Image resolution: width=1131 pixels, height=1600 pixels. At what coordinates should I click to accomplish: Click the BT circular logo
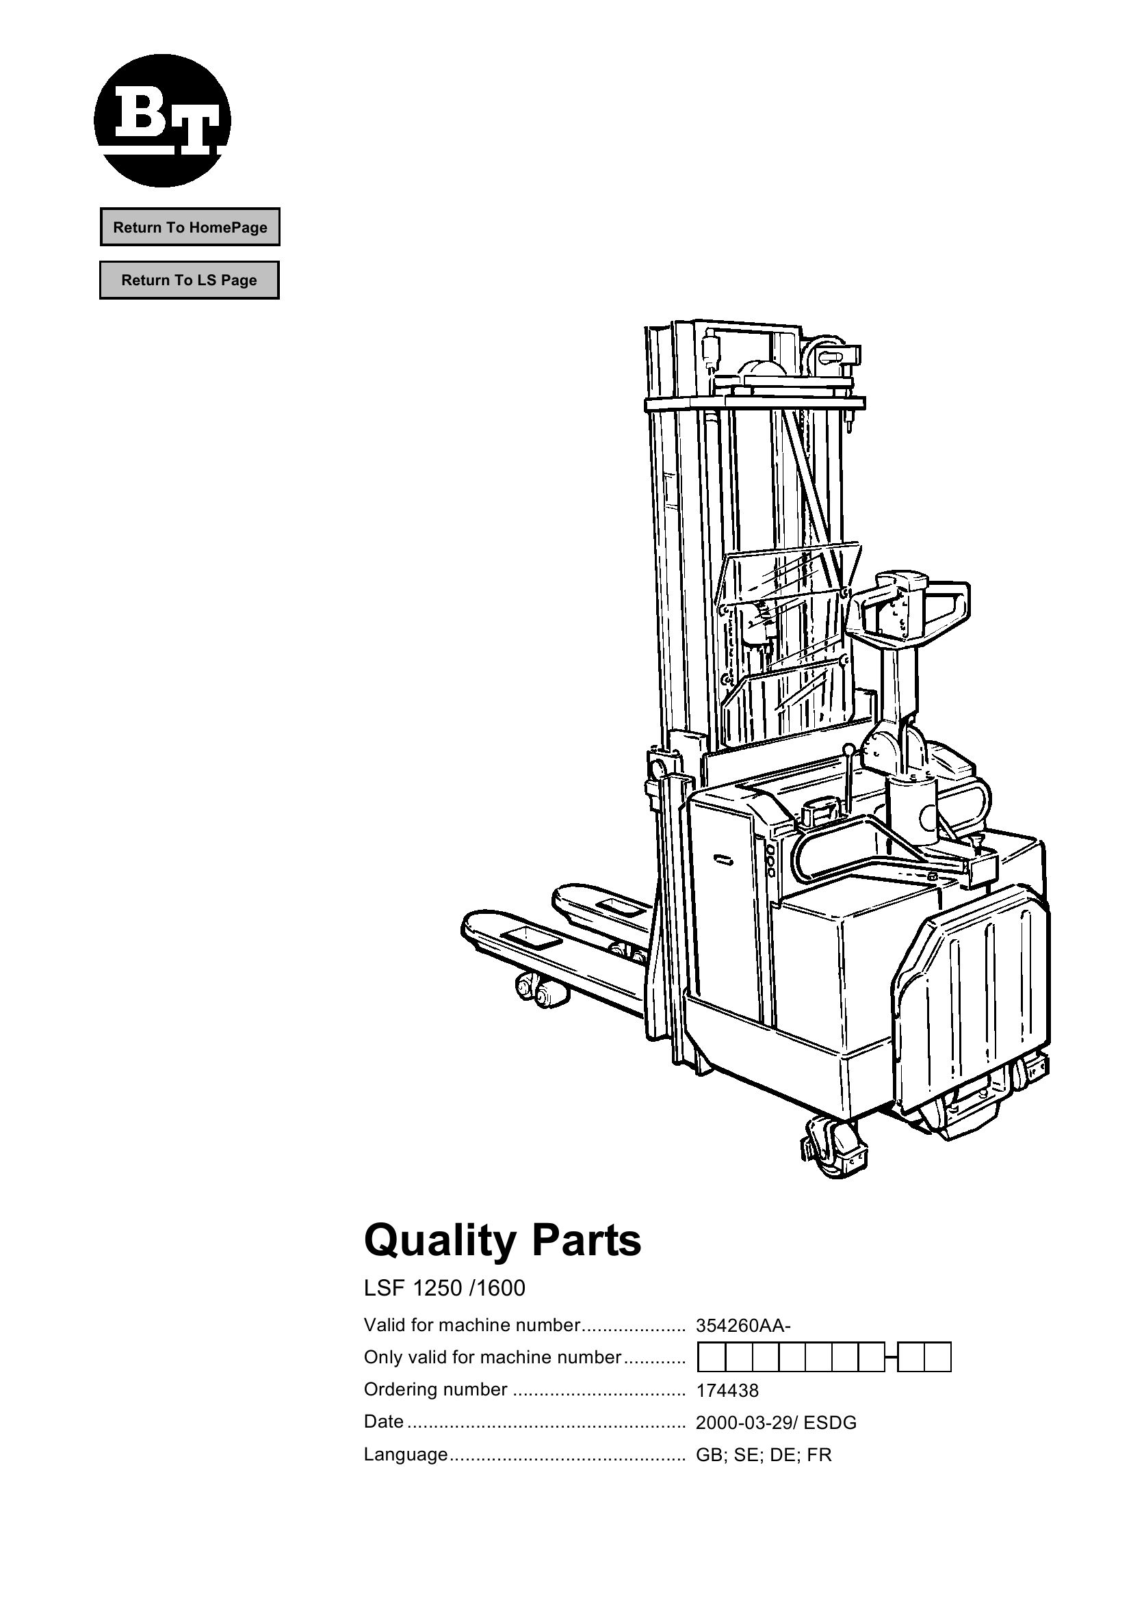click(x=162, y=120)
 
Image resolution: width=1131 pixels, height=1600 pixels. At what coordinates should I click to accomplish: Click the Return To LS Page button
click(x=189, y=280)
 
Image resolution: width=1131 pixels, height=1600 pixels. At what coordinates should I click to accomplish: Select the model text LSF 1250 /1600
click(x=445, y=1289)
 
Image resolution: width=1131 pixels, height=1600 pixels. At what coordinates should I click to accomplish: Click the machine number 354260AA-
click(x=743, y=1326)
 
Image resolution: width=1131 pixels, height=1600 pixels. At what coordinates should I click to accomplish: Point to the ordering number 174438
click(x=727, y=1391)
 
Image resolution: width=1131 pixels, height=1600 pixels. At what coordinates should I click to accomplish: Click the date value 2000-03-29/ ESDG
click(x=776, y=1423)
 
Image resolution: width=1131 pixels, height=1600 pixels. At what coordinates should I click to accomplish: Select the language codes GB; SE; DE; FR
click(x=764, y=1455)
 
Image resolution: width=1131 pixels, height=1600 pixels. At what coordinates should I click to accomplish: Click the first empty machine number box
click(x=712, y=1357)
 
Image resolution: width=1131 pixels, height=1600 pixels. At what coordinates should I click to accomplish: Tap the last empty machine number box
click(x=938, y=1357)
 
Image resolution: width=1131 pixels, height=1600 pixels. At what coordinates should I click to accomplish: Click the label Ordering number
click(x=436, y=1389)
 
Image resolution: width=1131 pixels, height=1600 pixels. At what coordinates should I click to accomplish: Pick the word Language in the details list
click(x=406, y=1454)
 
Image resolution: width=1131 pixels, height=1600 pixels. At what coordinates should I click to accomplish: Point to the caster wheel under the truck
click(x=837, y=1144)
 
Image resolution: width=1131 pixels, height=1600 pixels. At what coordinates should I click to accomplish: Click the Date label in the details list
click(x=383, y=1421)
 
